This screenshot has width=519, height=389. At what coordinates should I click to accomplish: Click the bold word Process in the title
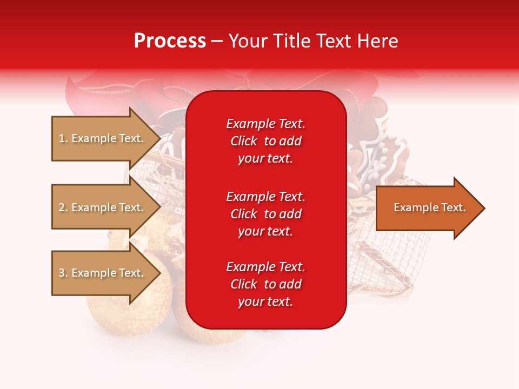[x=170, y=41]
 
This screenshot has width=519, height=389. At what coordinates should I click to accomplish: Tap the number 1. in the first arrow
[x=63, y=138]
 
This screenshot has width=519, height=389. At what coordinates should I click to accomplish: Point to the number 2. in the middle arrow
[x=63, y=207]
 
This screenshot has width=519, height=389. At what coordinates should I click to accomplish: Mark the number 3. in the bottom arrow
[x=63, y=273]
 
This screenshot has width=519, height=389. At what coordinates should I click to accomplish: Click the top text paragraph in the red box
[x=265, y=141]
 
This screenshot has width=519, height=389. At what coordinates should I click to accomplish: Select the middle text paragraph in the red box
[x=265, y=214]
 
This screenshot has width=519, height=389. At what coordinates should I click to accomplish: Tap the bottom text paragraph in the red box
[x=265, y=284]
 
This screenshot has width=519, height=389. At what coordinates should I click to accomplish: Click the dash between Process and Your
[x=217, y=42]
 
